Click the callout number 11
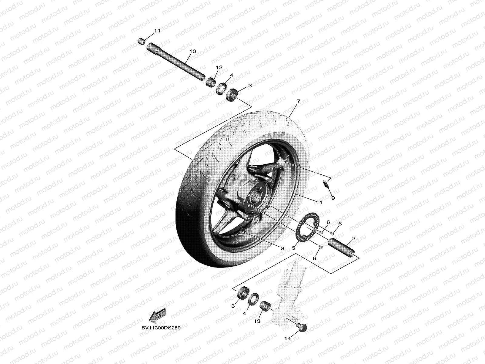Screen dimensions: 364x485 pos(157,31)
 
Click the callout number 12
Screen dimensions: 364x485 pos(219,67)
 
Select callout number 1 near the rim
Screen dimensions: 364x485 pos(320,201)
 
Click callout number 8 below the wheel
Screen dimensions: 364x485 pos(283,248)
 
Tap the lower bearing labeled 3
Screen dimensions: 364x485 pos(242,293)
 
